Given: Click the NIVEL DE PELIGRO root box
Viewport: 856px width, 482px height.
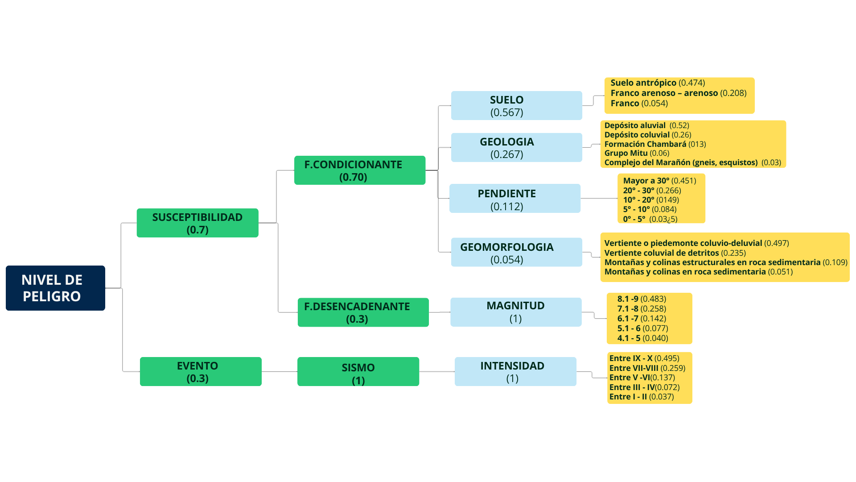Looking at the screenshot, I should pyautogui.click(x=55, y=288).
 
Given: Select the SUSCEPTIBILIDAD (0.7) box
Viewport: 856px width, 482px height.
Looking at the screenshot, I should pyautogui.click(x=198, y=223).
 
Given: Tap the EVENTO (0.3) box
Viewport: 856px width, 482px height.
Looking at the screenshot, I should pyautogui.click(x=201, y=371).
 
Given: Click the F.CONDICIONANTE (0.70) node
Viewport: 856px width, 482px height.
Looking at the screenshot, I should pyautogui.click(x=359, y=170).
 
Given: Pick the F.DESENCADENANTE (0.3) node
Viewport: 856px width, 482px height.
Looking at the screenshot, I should pyautogui.click(x=363, y=312).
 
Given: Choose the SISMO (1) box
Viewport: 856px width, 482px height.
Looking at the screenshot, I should pyautogui.click(x=358, y=371).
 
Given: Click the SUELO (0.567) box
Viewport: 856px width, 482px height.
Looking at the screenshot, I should pyautogui.click(x=516, y=106).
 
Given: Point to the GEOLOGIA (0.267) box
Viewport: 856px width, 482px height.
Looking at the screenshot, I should pyautogui.click(x=516, y=147).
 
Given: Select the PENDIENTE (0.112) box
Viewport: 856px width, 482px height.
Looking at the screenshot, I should pyautogui.click(x=514, y=199).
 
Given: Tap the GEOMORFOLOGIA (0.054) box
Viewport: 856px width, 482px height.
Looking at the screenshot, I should pyautogui.click(x=516, y=252).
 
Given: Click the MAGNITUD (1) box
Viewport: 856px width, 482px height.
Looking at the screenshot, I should pyautogui.click(x=516, y=312).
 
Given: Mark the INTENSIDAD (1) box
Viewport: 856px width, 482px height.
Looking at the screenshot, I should pyautogui.click(x=515, y=371).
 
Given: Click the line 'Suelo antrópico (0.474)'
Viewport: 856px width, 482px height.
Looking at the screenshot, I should pyautogui.click(x=658, y=83).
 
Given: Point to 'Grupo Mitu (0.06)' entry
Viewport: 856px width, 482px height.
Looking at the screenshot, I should pyautogui.click(x=637, y=153).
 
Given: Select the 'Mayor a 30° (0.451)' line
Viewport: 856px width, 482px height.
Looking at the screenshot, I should pyautogui.click(x=659, y=181).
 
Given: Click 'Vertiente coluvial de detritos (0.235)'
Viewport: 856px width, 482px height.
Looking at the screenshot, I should pyautogui.click(x=675, y=253).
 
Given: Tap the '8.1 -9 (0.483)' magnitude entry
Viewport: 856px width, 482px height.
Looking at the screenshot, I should pyautogui.click(x=642, y=299).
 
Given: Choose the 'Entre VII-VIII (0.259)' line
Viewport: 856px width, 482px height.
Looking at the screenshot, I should pyautogui.click(x=647, y=368).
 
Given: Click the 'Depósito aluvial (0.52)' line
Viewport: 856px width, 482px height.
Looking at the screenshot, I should pyautogui.click(x=646, y=125).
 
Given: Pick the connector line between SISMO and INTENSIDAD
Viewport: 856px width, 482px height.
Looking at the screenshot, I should pyautogui.click(x=437, y=371).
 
